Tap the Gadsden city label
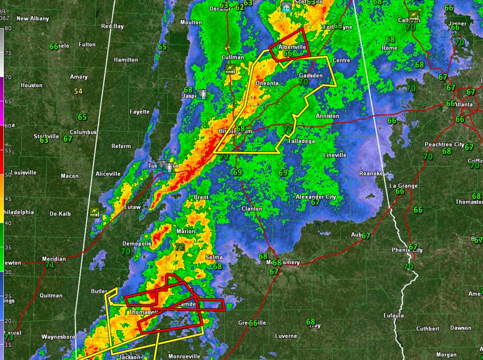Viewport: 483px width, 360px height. (311, 75)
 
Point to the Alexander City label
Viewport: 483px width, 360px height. (316, 196)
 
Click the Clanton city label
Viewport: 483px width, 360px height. (251, 209)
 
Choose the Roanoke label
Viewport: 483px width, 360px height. (371, 174)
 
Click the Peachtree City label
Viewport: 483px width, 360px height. (444, 144)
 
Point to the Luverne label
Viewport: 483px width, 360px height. (286, 336)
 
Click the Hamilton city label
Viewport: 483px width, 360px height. (126, 60)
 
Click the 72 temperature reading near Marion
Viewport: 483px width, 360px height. (179, 247)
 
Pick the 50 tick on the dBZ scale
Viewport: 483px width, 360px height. (7, 175)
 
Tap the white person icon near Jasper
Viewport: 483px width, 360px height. (203, 94)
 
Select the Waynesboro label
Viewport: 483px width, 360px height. (58, 337)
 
